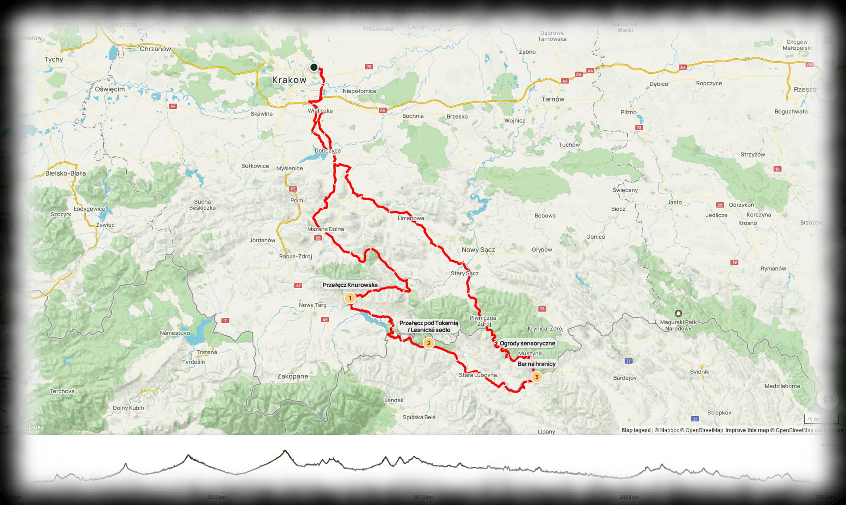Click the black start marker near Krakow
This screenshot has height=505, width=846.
pos(314,67)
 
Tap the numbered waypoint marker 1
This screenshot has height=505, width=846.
pos(350,298)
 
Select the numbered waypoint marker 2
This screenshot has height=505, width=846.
pos(429,343)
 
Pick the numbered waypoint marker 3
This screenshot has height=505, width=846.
pos(537,377)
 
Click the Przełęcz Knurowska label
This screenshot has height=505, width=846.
pos(350,285)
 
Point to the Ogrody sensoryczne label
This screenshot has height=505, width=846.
pos(527,343)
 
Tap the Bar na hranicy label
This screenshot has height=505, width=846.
pos(537,364)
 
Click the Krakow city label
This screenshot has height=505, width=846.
pos(289,80)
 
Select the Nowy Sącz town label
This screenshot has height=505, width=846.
pos(478,250)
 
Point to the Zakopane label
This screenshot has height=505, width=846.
pos(293,376)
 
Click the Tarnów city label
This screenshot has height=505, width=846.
pos(553,99)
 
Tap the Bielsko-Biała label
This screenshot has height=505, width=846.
pos(66,173)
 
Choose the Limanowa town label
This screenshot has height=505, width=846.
pos(411,218)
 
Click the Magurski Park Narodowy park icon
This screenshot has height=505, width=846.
pos(678,313)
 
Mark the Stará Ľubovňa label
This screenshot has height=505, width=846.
pos(477,375)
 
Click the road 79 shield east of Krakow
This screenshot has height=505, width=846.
pos(369,67)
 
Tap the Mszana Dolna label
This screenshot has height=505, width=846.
pos(325,229)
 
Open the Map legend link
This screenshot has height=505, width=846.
pos(636,430)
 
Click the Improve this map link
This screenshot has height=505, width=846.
pos(747,430)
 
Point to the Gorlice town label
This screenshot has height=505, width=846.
pos(595,236)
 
